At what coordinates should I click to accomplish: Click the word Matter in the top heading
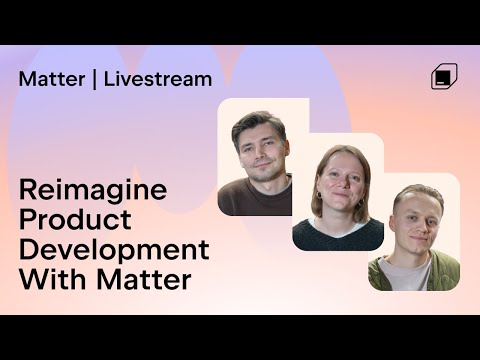(50, 79)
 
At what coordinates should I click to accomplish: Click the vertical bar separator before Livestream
(94, 79)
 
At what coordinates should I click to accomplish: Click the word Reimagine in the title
(93, 191)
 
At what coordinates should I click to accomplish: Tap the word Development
(114, 250)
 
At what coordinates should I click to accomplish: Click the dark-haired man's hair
(255, 122)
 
